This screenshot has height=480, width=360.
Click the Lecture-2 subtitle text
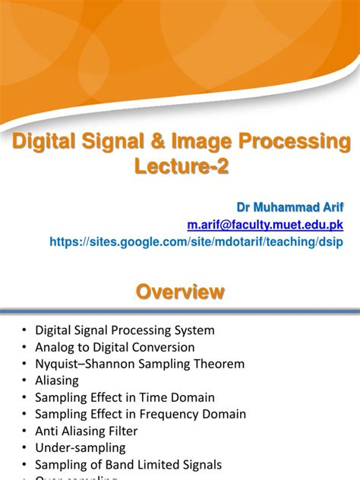[x=180, y=165]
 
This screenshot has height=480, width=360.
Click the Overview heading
[x=180, y=292]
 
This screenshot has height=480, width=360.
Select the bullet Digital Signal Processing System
[x=125, y=330]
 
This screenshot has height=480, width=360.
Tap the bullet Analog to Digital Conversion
[x=115, y=347]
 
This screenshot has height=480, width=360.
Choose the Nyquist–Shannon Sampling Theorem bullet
[x=140, y=364]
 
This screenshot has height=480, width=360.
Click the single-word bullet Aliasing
[x=57, y=381]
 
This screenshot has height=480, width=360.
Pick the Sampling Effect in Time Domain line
[x=125, y=397]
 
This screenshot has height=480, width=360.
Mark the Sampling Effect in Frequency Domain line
[x=141, y=414]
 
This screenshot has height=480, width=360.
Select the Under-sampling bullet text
[x=81, y=447]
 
